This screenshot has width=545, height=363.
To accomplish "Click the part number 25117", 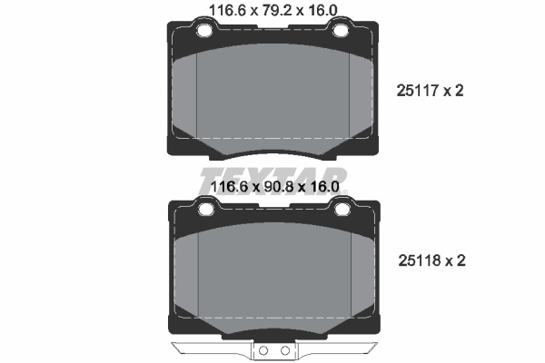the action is tap(417, 91).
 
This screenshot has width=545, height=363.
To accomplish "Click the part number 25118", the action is tap(419, 260).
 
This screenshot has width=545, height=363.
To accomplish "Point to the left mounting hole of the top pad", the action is tap(204, 31).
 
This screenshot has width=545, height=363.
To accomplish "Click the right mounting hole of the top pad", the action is tap(341, 31).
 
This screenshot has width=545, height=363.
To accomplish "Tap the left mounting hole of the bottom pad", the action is tap(206, 209).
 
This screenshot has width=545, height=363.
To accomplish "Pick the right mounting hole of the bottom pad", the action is tap(342, 209).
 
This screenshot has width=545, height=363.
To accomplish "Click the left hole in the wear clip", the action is tap(263, 351).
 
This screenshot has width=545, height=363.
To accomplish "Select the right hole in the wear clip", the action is tap(285, 351).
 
